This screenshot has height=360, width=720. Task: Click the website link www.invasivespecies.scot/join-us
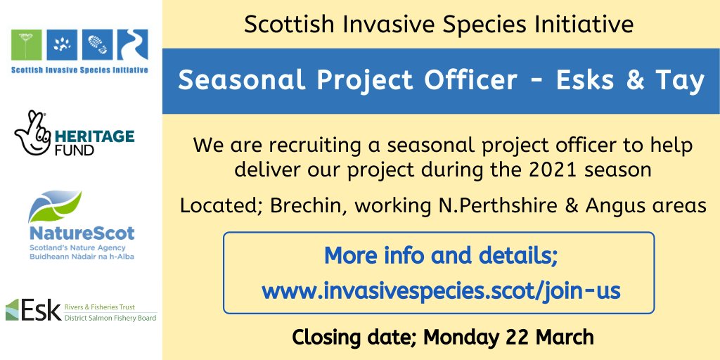441,290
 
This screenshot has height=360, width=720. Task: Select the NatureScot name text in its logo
82,233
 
